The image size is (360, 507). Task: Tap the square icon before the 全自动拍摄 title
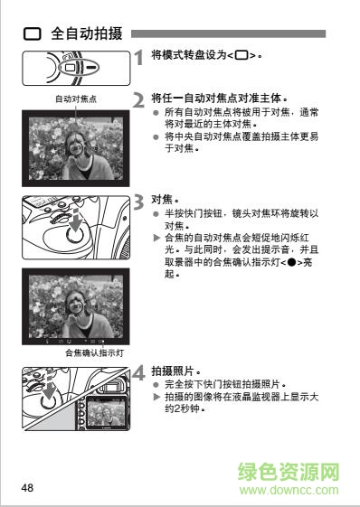point(33,33)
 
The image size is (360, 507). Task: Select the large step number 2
point(138,99)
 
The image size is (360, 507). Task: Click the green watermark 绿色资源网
point(288,473)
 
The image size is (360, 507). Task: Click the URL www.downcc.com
point(288,490)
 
